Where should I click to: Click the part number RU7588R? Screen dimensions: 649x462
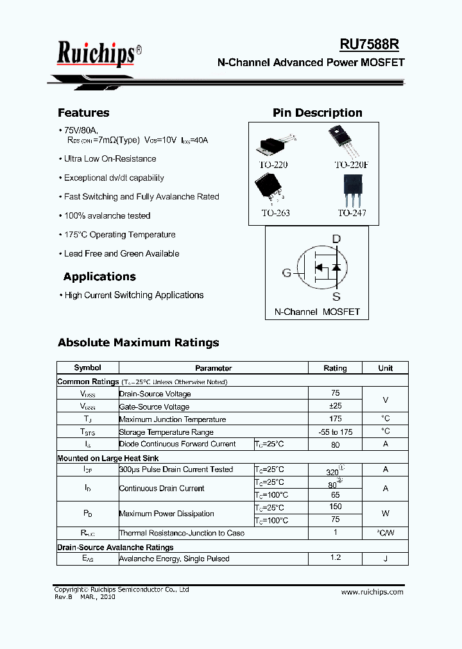pos(369,44)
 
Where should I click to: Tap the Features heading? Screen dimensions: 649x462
pos(83,113)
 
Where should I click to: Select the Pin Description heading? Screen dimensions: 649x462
pos(318,113)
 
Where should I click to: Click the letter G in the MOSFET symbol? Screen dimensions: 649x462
pos(287,273)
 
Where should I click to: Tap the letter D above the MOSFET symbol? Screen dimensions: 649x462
pos(336,239)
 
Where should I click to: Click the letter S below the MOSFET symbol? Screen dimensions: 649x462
pos(336,297)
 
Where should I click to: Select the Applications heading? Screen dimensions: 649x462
pos(99,277)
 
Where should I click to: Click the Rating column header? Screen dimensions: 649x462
pos(335,368)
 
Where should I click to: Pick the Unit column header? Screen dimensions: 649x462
pos(385,368)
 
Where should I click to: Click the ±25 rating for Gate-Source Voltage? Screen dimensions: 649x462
pos(335,406)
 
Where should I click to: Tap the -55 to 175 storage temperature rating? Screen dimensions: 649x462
pos(335,432)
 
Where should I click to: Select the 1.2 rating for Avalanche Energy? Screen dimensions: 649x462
pos(335,558)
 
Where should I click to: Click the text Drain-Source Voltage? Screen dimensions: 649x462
pos(155,394)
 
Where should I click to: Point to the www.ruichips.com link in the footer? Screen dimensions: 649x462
pos(372,592)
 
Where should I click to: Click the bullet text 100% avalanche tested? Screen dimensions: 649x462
pos(107,216)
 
